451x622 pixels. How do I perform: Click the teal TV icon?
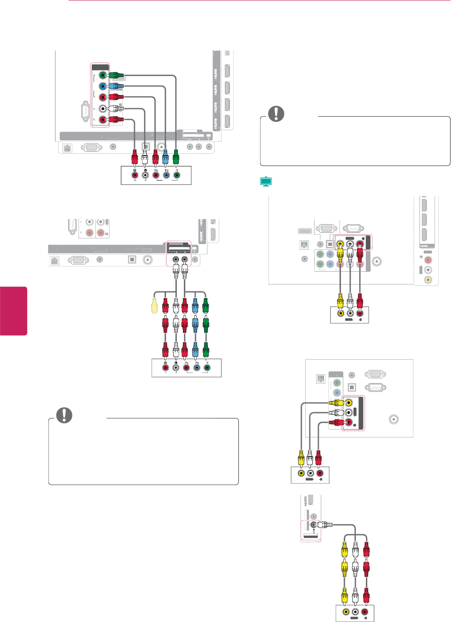pyautogui.click(x=266, y=181)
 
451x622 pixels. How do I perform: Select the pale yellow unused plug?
pyautogui.click(x=154, y=305)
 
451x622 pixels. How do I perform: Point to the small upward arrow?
pyautogui.click(x=313, y=531)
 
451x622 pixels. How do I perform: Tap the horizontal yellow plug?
pyautogui.click(x=335, y=403)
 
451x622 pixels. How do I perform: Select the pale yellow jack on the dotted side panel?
pyautogui.click(x=428, y=280)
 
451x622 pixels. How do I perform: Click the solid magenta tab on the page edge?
pyautogui.click(x=13, y=311)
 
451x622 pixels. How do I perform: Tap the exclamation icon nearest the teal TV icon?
pyautogui.click(x=276, y=113)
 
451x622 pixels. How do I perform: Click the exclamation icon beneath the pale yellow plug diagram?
pyautogui.click(x=64, y=415)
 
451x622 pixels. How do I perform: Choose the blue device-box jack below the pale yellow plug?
pyautogui.click(x=197, y=368)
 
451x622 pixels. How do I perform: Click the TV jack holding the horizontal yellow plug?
pyautogui.click(x=348, y=402)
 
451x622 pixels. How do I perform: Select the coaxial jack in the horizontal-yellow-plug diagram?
pyautogui.click(x=394, y=419)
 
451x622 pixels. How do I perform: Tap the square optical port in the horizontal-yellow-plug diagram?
pyautogui.click(x=351, y=387)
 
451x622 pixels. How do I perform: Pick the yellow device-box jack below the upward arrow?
pyautogui.click(x=346, y=612)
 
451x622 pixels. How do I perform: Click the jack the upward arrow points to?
pyautogui.click(x=314, y=524)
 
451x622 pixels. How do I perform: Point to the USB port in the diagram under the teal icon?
pyautogui.click(x=303, y=231)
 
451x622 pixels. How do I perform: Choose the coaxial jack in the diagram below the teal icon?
pyautogui.click(x=376, y=262)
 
